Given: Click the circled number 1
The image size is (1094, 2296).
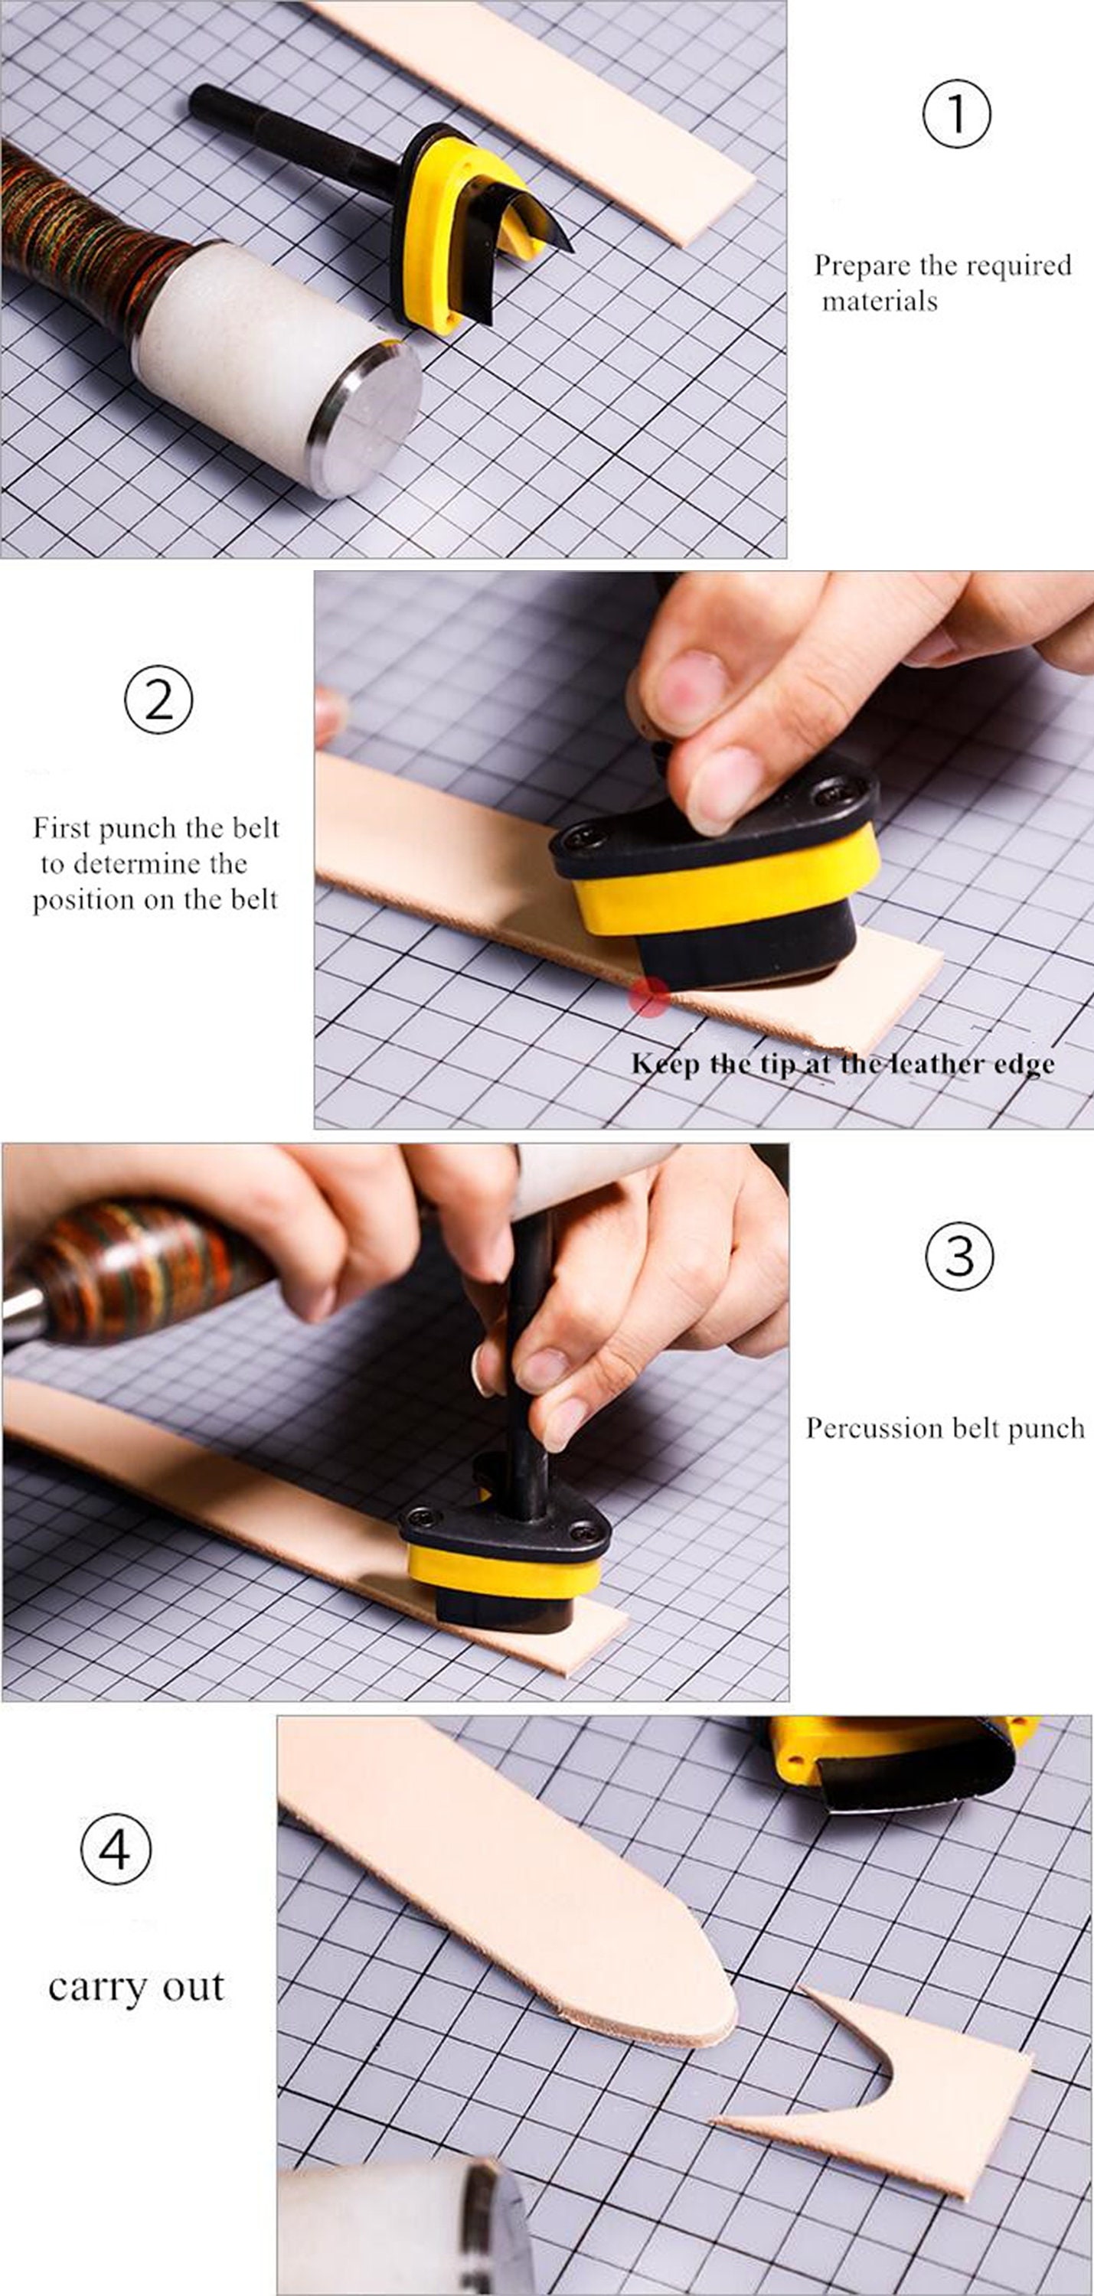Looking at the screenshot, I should tap(955, 113).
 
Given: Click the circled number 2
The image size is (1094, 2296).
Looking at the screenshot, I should tap(158, 700).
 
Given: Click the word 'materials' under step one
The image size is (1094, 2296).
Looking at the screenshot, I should tap(879, 302).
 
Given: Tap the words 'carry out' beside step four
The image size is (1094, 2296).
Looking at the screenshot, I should tap(136, 1987).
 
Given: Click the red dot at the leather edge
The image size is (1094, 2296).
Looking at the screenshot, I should tap(649, 996).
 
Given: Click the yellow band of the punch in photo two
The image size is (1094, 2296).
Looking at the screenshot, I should tap(722, 892).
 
